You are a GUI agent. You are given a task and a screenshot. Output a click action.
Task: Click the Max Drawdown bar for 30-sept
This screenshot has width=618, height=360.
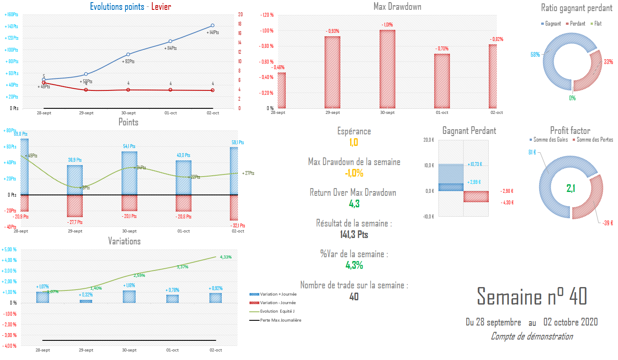(x=387, y=69)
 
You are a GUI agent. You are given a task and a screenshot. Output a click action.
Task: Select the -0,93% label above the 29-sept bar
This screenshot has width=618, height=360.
(x=333, y=31)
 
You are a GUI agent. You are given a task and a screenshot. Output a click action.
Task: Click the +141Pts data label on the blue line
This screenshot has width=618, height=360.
(x=212, y=32)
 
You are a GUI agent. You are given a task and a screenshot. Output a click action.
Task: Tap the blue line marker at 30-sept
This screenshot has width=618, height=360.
(x=128, y=55)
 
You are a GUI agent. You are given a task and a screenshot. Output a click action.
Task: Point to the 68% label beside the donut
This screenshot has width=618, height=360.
(x=535, y=55)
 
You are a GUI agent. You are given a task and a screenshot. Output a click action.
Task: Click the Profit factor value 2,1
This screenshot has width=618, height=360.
(x=571, y=188)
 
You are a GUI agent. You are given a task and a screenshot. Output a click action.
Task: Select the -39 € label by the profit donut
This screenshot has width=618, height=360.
(x=608, y=223)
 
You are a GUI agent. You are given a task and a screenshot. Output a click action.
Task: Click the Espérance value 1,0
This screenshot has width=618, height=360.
(x=354, y=142)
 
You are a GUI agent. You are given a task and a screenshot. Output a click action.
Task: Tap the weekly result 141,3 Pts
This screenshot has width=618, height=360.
(x=354, y=235)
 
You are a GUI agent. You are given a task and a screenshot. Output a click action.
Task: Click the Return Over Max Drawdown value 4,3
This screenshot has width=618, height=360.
(x=354, y=204)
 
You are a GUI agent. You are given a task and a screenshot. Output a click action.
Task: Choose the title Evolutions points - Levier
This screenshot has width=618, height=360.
(x=130, y=7)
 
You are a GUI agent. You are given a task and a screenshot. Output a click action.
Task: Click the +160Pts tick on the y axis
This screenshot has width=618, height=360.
(x=12, y=15)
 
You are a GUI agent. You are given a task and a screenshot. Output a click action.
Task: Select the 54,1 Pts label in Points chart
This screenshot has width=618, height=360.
(x=129, y=146)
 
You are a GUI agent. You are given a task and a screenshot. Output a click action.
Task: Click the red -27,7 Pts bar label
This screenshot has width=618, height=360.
(x=75, y=222)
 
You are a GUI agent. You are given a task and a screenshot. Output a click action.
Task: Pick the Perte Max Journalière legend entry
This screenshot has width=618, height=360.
(x=280, y=320)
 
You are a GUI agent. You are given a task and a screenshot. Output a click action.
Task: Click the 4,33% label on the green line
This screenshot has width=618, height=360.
(x=226, y=257)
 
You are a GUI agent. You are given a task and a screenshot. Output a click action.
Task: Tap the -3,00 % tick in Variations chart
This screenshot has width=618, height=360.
(x=9, y=335)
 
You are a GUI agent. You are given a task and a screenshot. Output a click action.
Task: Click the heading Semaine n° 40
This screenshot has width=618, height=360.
(x=531, y=296)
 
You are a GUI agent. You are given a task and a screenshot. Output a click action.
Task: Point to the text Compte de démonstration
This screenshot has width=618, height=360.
(x=531, y=337)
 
